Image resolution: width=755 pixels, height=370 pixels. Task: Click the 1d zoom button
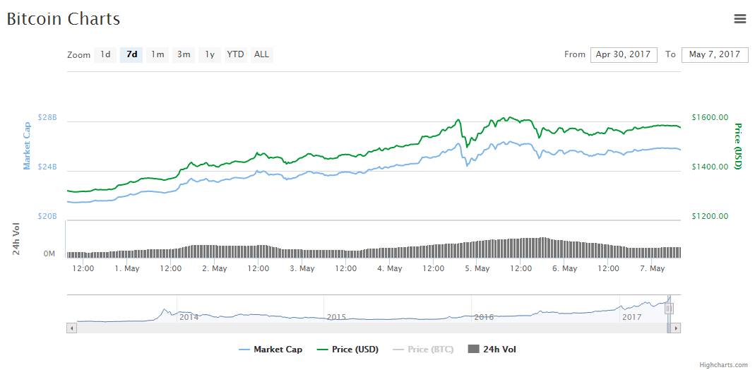point(105,54)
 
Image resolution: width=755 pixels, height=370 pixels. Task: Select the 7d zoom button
point(131,54)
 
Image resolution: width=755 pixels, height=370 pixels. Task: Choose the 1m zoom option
point(157,54)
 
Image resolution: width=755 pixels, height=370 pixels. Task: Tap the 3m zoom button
point(184,54)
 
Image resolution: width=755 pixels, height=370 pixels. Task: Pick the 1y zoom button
point(210,54)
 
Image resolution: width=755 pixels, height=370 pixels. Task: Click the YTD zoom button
point(235,54)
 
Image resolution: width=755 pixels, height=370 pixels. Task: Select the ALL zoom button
point(261,54)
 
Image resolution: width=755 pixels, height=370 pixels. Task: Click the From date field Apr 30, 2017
point(624,54)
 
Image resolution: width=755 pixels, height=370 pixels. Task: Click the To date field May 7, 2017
point(714,54)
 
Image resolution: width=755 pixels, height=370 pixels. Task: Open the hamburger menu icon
point(740,19)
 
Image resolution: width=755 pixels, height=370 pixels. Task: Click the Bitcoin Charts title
point(64,19)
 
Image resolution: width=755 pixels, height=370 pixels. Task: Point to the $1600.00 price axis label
point(710,117)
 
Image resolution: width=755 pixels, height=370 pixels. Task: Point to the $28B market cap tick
point(47,117)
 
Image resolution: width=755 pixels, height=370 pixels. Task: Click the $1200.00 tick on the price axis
point(710,216)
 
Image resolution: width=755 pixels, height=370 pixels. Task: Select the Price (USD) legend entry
point(348,350)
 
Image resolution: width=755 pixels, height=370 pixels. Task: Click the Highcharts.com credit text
point(723,365)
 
